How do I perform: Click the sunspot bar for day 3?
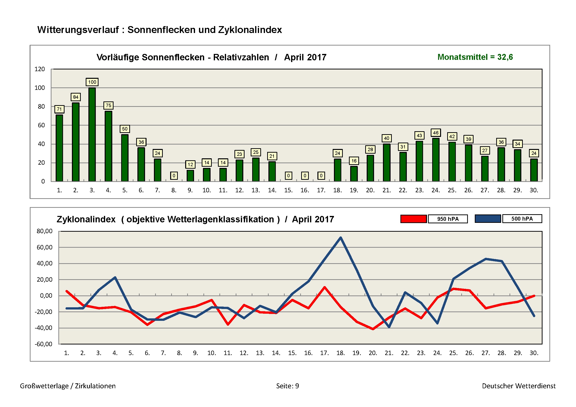[x=92, y=134]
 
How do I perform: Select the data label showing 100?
[x=92, y=82]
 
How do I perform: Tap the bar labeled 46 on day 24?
[x=436, y=160]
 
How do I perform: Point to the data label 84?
[x=76, y=97]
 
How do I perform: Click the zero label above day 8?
[x=174, y=176]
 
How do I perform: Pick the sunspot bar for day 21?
[x=387, y=163]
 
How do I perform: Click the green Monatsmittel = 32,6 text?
[x=475, y=57]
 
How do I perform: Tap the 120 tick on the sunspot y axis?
[x=40, y=69]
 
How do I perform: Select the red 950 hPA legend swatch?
[x=413, y=219]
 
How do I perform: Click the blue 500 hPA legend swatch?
[x=488, y=219]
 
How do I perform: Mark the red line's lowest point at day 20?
[x=373, y=329]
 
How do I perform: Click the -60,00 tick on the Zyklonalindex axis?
[x=44, y=344]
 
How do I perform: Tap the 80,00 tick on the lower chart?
[x=45, y=231]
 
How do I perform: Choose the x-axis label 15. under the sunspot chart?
[x=288, y=190]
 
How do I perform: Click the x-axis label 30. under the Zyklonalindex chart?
[x=534, y=353]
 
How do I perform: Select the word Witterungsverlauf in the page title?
[x=78, y=30]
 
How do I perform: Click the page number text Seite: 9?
[x=287, y=386]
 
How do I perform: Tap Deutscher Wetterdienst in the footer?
[x=519, y=386]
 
